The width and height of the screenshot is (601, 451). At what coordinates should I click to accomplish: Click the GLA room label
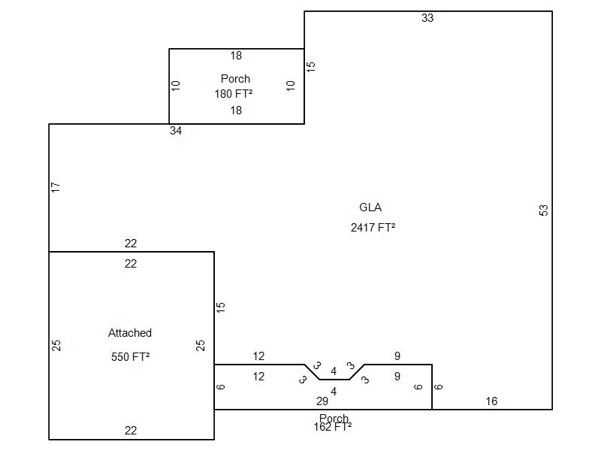(x=370, y=207)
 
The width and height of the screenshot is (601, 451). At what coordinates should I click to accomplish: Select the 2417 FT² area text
(x=373, y=227)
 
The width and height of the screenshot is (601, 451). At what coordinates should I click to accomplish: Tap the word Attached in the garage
(x=130, y=333)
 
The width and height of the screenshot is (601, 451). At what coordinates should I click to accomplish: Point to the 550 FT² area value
(x=130, y=357)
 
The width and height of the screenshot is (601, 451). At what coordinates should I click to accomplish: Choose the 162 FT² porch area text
(x=333, y=427)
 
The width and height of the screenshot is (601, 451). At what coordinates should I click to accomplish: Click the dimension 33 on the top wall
(x=427, y=18)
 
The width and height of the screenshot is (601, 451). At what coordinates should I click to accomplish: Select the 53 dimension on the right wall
(x=544, y=210)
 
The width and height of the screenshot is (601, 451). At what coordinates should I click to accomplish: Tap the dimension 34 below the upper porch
(x=176, y=131)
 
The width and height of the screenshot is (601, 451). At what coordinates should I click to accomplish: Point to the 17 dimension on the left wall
(x=56, y=187)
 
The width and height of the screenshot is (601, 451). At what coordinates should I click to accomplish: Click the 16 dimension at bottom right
(x=491, y=401)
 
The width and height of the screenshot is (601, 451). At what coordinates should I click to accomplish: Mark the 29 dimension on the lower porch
(x=322, y=401)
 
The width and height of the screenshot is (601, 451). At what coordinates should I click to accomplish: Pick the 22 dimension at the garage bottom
(x=131, y=431)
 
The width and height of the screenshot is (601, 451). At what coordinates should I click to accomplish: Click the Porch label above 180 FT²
(x=235, y=78)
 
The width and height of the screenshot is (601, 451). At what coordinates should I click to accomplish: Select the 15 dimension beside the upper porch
(x=311, y=66)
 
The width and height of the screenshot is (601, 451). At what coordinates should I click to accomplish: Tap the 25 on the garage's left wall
(x=56, y=346)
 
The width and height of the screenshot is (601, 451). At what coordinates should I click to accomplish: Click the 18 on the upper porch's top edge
(x=236, y=56)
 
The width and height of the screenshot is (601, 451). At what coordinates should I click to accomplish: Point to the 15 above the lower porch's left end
(x=221, y=307)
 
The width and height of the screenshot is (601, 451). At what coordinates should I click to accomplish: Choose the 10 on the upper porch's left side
(x=177, y=86)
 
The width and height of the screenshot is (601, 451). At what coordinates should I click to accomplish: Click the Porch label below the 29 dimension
(x=334, y=418)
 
